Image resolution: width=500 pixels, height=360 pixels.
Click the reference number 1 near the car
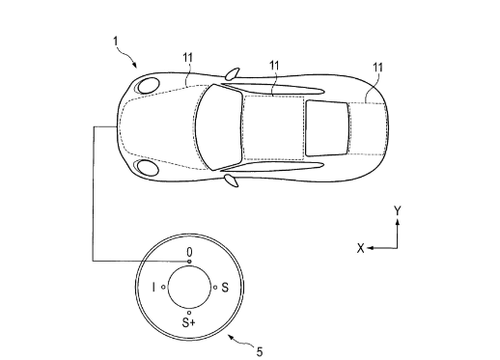pyautogui.click(x=116, y=42)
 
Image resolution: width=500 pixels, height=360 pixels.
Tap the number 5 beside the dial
pyautogui.click(x=260, y=351)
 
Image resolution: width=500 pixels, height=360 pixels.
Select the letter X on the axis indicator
pyautogui.click(x=361, y=248)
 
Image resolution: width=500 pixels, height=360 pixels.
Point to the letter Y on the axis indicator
pyautogui.click(x=398, y=211)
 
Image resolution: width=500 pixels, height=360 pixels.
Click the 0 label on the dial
pyautogui.click(x=190, y=251)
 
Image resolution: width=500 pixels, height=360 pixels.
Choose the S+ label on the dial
pyautogui.click(x=188, y=322)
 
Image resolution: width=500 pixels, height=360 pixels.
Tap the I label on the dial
pyautogui.click(x=153, y=287)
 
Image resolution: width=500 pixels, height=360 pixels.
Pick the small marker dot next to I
pyautogui.click(x=163, y=287)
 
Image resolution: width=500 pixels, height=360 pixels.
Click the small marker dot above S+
pyautogui.click(x=189, y=313)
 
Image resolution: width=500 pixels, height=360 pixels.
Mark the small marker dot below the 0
pyautogui.click(x=189, y=262)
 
